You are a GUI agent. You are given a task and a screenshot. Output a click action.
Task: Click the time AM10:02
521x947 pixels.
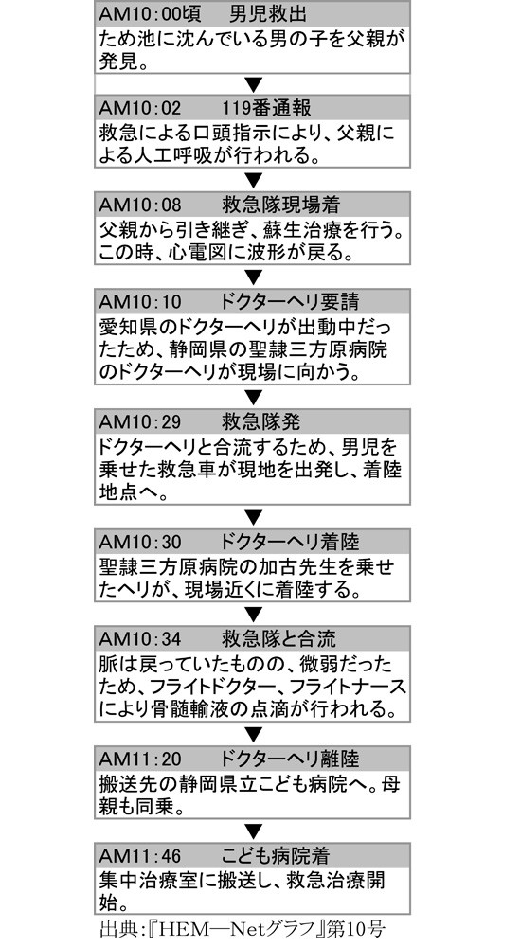(139, 108)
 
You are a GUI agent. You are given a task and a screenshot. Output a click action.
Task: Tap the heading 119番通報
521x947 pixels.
(266, 108)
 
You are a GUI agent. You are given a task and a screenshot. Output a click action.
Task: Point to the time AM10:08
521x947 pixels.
(139, 205)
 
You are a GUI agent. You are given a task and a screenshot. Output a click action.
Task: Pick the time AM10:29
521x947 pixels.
(139, 421)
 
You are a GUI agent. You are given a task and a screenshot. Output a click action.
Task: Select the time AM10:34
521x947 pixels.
(139, 637)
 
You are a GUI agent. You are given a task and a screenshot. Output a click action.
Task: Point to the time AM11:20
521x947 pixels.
(139, 758)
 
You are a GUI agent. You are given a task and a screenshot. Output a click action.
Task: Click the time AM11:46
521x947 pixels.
(139, 854)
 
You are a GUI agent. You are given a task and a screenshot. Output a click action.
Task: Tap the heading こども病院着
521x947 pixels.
(275, 854)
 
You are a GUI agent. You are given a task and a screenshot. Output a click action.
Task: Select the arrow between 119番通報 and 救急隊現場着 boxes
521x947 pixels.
(253, 179)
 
